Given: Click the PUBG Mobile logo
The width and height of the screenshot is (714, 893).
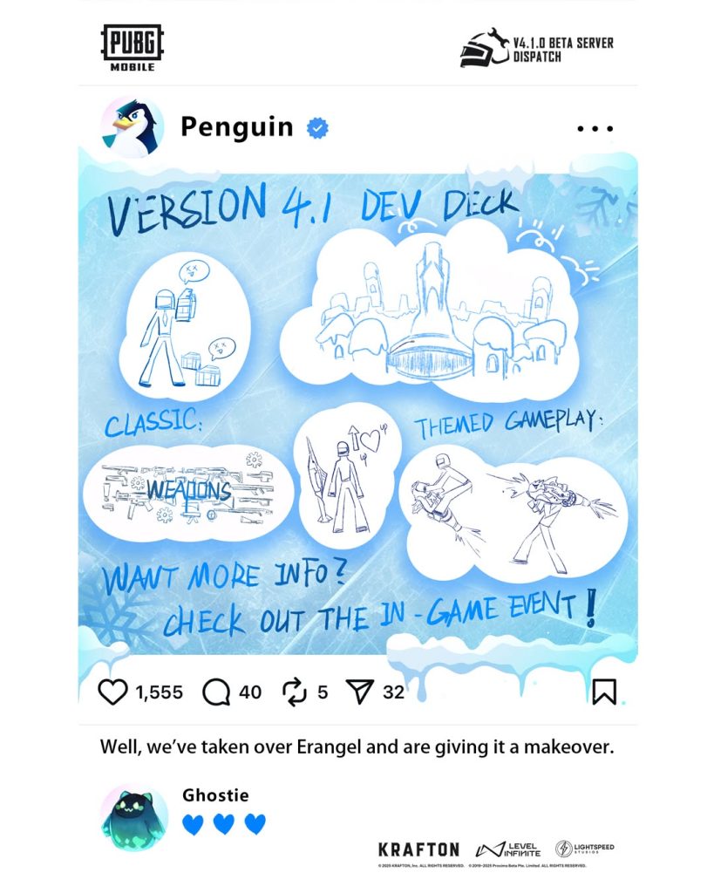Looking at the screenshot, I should point(133,48).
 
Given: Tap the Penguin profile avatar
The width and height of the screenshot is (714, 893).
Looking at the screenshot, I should point(133,127).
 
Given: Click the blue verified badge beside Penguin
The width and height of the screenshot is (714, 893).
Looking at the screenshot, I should point(316,128).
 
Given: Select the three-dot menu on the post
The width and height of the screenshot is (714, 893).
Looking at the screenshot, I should point(595,128).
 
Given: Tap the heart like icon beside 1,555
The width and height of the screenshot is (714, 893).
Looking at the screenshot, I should point(112,692).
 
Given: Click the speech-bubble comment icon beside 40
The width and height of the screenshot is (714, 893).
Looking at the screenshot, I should point(216,692).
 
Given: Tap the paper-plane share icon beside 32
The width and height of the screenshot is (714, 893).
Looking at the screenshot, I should point(359,692).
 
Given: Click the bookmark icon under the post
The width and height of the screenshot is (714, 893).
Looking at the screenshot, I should point(603,692).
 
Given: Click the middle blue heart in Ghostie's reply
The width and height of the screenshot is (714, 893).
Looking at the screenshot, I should point(224,824).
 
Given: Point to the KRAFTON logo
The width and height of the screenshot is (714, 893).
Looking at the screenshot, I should point(418,849).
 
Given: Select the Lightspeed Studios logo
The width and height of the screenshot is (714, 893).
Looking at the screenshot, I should point(579,849).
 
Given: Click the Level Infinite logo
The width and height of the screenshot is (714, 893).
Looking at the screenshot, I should point(508,849).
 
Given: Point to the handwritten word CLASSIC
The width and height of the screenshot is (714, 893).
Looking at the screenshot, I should point(153,425).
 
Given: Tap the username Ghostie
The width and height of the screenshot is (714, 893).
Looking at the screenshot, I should point(215,795).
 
